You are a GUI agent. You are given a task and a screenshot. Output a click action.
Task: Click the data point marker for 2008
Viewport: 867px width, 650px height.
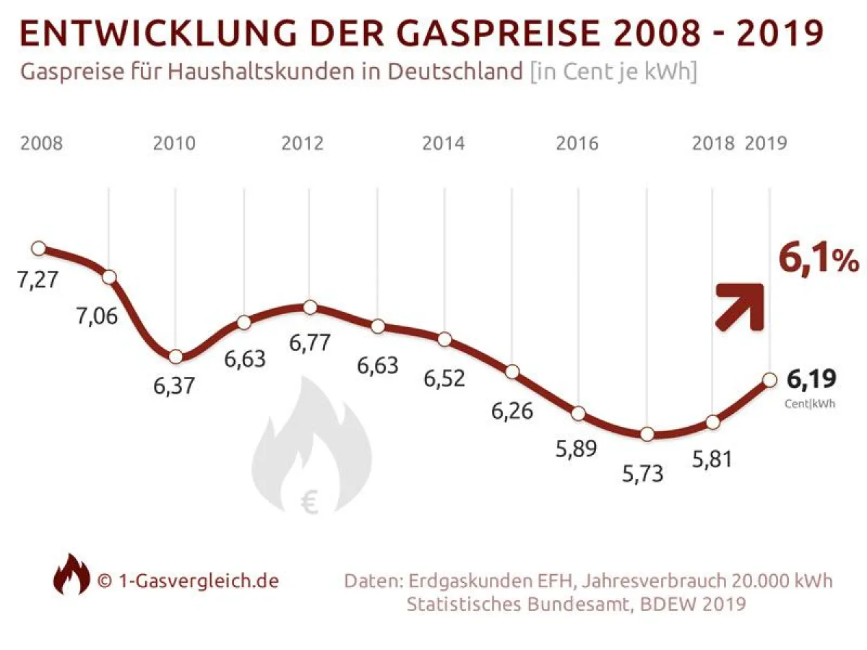click(x=39, y=248)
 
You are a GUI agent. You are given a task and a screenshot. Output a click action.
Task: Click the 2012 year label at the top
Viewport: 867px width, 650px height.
click(x=303, y=143)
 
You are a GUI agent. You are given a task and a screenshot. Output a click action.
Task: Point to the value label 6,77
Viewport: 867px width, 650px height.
click(x=311, y=342)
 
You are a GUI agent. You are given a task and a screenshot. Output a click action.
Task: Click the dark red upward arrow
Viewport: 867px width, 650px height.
click(x=740, y=306)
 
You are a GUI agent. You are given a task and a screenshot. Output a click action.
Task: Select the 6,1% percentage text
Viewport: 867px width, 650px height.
click(x=818, y=260)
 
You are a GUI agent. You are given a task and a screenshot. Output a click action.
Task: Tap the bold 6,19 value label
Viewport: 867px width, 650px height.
click(x=811, y=379)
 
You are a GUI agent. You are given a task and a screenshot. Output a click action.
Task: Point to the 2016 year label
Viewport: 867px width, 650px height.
click(x=577, y=143)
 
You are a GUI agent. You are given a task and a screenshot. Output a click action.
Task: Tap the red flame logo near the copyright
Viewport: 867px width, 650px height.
click(x=72, y=574)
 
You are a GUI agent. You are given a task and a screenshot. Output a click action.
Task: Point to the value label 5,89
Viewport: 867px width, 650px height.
click(x=576, y=448)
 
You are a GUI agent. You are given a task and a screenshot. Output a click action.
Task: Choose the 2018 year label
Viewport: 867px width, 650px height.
click(x=713, y=143)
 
